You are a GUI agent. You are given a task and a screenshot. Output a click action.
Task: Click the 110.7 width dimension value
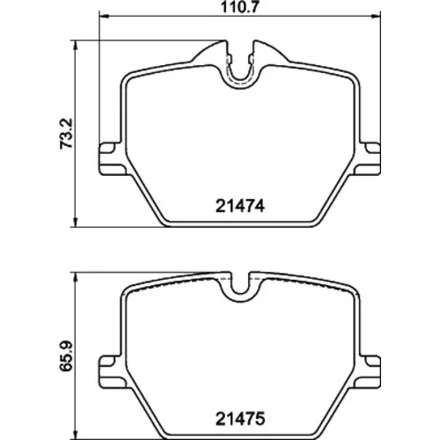[239, 7]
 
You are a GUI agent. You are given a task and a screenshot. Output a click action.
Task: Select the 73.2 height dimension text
[66, 134]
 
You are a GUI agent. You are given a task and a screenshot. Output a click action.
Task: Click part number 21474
[240, 206]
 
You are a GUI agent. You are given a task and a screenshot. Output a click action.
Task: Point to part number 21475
[240, 419]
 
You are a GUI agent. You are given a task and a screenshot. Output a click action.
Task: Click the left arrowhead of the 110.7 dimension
[104, 16]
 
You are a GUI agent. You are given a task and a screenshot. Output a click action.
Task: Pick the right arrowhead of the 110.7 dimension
[376, 16]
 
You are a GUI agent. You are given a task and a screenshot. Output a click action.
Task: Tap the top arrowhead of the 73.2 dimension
[76, 45]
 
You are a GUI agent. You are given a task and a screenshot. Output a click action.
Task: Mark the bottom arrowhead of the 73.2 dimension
[76, 223]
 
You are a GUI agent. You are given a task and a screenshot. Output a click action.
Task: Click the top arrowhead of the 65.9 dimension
[76, 277]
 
